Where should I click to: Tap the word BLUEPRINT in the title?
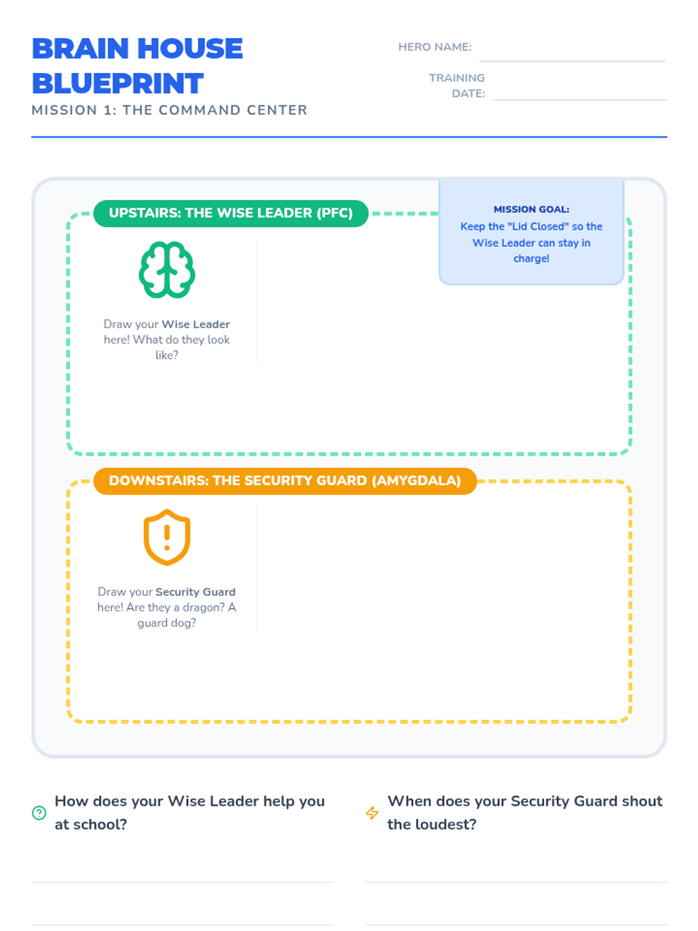pyautogui.click(x=117, y=84)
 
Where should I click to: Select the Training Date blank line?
pyautogui.click(x=579, y=97)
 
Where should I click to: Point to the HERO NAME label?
pyautogui.click(x=435, y=47)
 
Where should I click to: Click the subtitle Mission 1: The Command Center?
pyautogui.click(x=169, y=110)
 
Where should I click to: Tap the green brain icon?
pyautogui.click(x=167, y=270)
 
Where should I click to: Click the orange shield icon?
pyautogui.click(x=167, y=538)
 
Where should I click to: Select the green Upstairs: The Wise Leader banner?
pyautogui.click(x=230, y=213)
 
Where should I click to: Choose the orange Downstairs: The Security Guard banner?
pyautogui.click(x=284, y=481)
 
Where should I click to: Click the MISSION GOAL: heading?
pyautogui.click(x=531, y=209)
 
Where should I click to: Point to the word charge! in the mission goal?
pyautogui.click(x=531, y=258)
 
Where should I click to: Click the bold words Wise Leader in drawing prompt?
pyautogui.click(x=195, y=324)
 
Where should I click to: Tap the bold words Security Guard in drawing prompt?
pyautogui.click(x=195, y=592)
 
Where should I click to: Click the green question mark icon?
pyautogui.click(x=39, y=813)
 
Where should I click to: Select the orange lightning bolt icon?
pyautogui.click(x=372, y=813)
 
